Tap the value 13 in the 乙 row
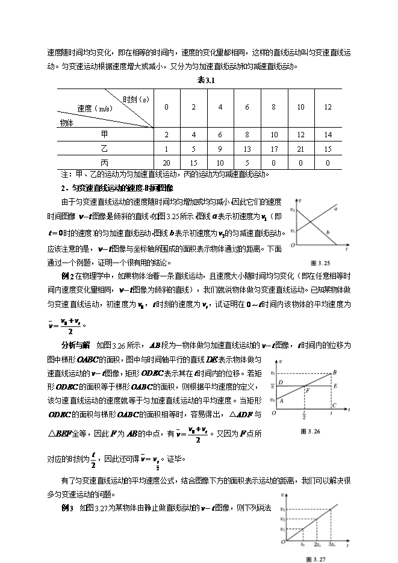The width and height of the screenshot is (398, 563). pos(247,149)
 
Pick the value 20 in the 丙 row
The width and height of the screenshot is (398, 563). pos(167,163)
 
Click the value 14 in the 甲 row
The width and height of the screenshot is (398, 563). pos(328,134)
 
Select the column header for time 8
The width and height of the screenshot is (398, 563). pos(274,107)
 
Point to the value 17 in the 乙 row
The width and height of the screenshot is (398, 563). pos(274,149)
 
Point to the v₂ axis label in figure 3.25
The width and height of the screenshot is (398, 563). pos(293,210)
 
